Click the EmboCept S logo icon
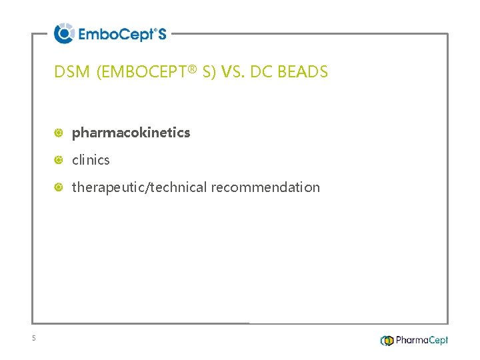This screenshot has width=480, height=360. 64,33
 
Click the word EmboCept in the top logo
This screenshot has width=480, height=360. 115,34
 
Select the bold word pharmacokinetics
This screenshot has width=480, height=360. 131,133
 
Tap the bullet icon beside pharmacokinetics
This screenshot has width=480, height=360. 59,133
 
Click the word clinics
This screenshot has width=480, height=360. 91,160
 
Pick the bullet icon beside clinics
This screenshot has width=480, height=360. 59,161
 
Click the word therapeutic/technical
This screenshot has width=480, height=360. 139,187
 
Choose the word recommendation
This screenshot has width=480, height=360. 265,187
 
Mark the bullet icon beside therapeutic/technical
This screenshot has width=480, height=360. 59,188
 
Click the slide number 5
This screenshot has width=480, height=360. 33,339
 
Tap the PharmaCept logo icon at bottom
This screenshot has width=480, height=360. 387,341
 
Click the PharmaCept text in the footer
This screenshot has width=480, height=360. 421,341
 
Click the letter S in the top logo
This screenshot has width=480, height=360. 161,34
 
